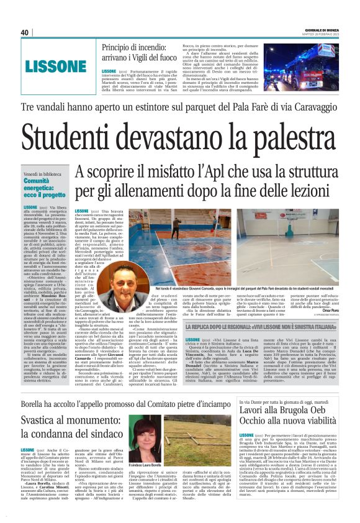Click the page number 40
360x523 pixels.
pos(25,32)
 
